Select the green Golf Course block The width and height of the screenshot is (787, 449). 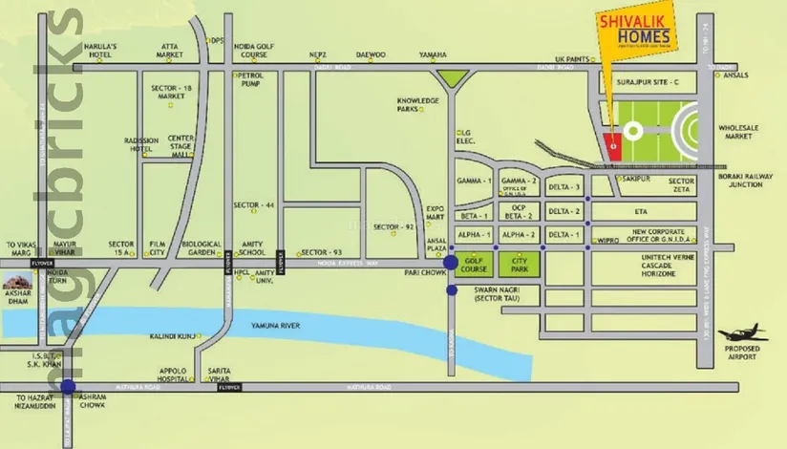pos(475,264)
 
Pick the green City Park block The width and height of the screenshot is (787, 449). pos(521,264)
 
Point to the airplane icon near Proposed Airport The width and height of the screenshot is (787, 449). pos(742,333)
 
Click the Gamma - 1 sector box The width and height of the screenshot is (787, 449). pos(474,182)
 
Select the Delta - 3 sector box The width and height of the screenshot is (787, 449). pos(564,187)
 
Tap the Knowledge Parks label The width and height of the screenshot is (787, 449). pos(417,104)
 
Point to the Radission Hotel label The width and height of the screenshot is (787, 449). pos(141,145)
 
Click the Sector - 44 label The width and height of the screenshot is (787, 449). pos(254,205)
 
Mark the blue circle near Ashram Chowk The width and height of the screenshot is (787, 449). pos(67,387)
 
